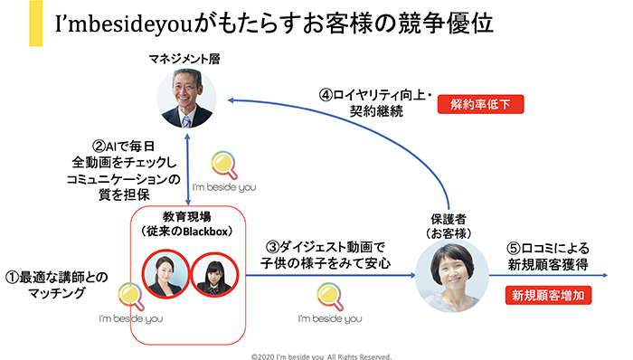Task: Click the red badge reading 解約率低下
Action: [481, 104]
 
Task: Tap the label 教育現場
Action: [187, 218]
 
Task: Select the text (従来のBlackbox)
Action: [188, 232]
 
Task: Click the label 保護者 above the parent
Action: [446, 219]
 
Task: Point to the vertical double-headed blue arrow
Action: [186, 168]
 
